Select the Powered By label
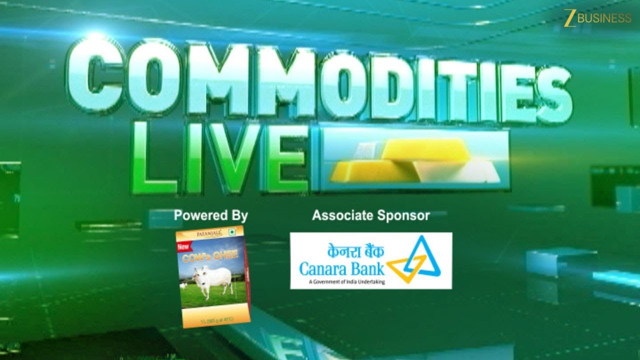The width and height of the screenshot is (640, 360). (210, 216)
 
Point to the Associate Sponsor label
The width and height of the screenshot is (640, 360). (370, 215)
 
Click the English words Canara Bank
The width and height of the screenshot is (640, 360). (342, 269)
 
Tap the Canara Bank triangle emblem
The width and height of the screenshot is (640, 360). (415, 259)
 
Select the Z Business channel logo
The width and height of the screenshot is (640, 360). (597, 18)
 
